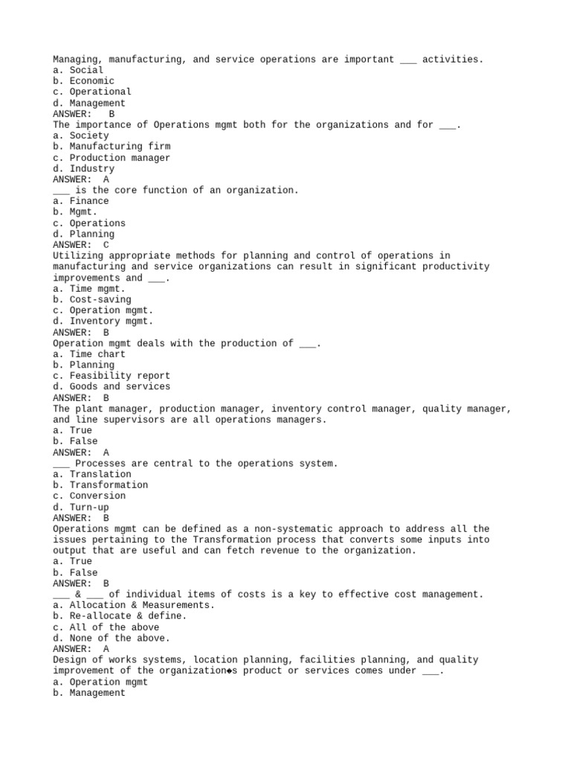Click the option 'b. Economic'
pyautogui.click(x=84, y=81)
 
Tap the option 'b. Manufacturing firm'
pyautogui.click(x=112, y=147)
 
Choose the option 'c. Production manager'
pyautogui.click(x=112, y=158)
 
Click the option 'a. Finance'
pyautogui.click(x=81, y=201)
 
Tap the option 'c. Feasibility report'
pyautogui.click(x=112, y=376)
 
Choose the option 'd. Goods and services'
pyautogui.click(x=112, y=387)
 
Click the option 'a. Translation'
pyautogui.click(x=92, y=474)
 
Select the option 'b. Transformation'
pyautogui.click(x=100, y=485)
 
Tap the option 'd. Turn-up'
pyautogui.click(x=81, y=508)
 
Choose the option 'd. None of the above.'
pyautogui.click(x=112, y=638)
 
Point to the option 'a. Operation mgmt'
pyautogui.click(x=100, y=682)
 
